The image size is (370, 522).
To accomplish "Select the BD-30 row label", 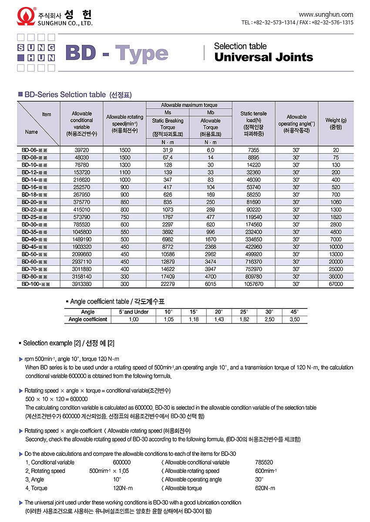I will coord(34,224).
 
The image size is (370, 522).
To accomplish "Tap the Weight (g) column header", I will coord(336,120).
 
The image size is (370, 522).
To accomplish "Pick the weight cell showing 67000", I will coord(336,284).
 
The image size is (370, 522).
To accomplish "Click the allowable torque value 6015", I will coord(211,284).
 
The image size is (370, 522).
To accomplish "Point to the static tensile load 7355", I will coord(253,150).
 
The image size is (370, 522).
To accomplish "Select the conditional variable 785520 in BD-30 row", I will coord(82,224).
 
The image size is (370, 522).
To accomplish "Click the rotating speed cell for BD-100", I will coord(124,284).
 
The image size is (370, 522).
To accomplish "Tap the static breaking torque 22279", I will coord(168,284).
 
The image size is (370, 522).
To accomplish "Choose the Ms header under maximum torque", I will coord(168,113).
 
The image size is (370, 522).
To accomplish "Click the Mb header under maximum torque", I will coord(211,113).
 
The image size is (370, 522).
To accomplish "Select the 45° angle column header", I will coord(295,312).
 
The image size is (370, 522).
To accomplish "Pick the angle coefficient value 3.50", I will coord(295,320).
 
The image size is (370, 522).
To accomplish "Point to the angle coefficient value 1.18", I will coord(194,320).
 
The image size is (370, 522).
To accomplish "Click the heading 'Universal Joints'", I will coord(263,57).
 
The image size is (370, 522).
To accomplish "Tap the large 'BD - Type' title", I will coord(116,53).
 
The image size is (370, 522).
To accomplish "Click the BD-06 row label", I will coord(34,150).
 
